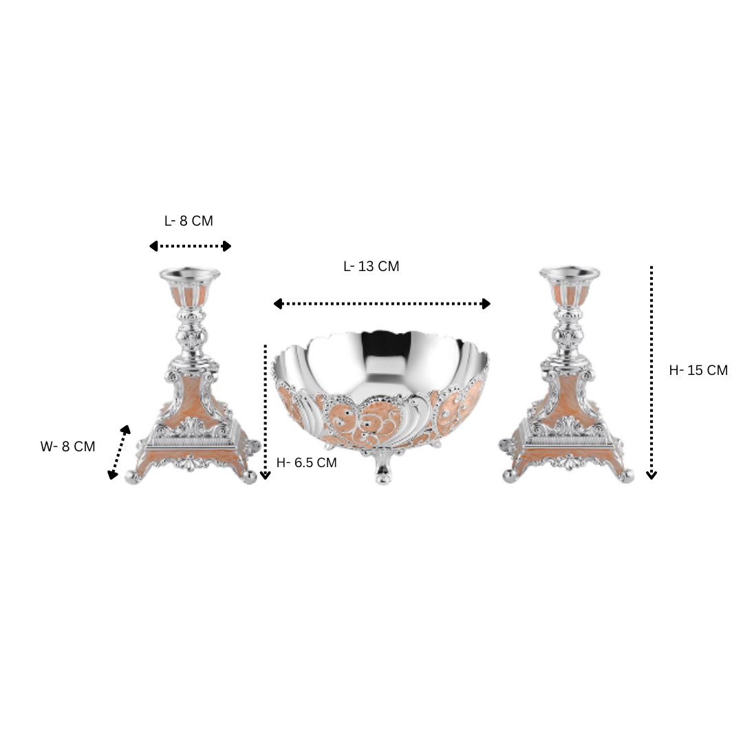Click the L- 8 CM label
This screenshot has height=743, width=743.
189,221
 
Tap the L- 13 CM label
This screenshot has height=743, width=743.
371,266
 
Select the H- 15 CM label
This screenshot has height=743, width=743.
698,370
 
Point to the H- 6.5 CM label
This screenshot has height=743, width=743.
306,462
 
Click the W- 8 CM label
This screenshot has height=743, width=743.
67,446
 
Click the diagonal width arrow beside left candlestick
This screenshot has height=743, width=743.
119,453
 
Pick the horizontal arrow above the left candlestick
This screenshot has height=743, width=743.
190,246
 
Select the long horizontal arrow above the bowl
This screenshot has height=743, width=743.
382,304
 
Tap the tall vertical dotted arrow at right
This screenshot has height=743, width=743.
652,373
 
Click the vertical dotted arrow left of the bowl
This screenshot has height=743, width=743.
266,412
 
